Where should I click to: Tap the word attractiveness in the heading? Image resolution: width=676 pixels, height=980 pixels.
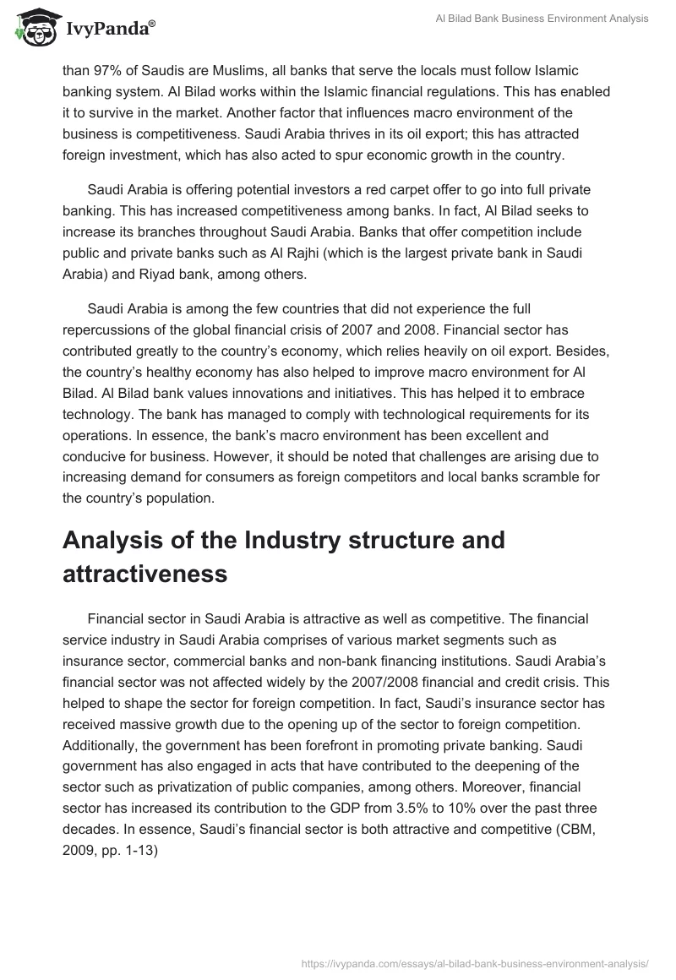tap(144, 574)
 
